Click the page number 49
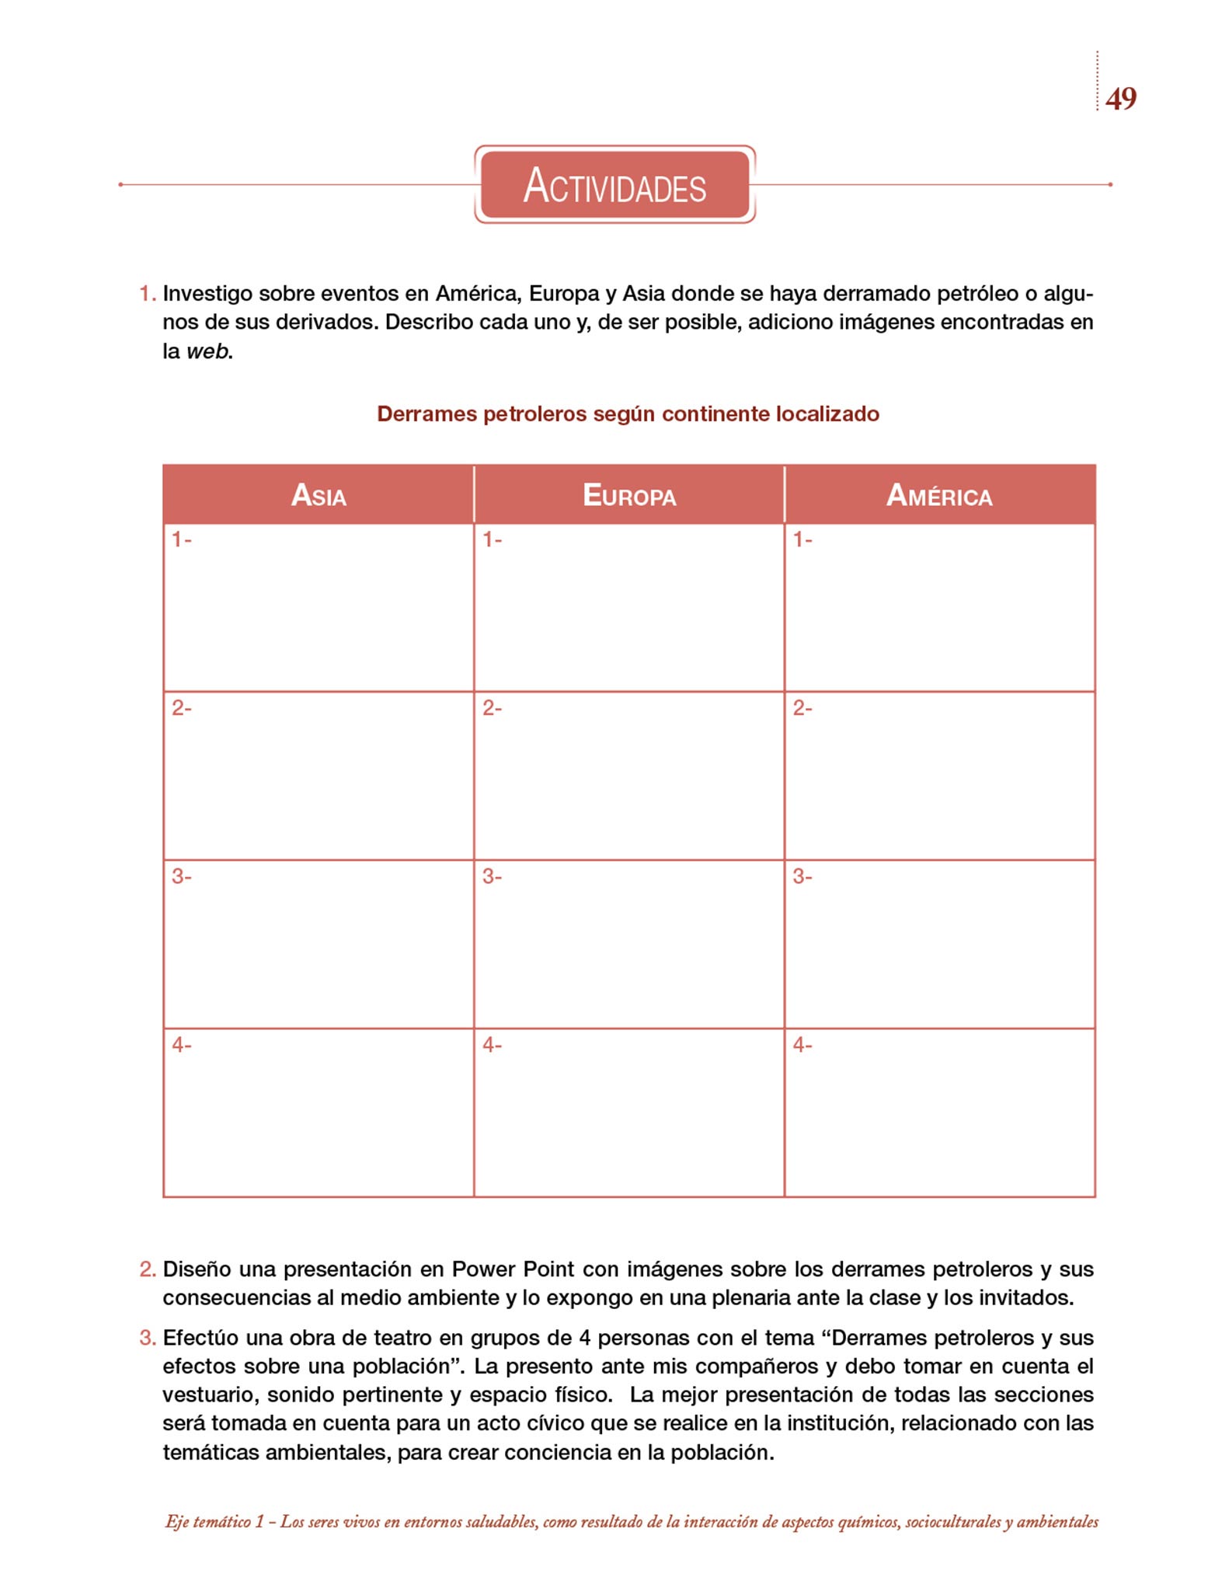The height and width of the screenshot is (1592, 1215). click(x=1120, y=99)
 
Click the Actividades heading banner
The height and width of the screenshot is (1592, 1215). click(x=614, y=185)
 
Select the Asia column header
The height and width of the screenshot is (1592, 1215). click(x=319, y=495)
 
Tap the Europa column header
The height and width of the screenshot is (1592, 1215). click(x=629, y=495)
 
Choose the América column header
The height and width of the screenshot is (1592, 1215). click(x=939, y=495)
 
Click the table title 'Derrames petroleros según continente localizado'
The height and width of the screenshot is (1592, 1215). click(x=628, y=414)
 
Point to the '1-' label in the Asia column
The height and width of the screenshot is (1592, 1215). click(x=182, y=539)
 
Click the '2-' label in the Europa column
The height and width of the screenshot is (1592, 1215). click(x=493, y=708)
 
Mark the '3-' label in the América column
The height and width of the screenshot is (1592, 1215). click(x=802, y=877)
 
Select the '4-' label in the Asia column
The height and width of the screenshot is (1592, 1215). click(x=182, y=1046)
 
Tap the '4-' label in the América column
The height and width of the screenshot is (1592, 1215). click(x=802, y=1046)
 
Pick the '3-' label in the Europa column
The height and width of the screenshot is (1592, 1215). click(x=493, y=877)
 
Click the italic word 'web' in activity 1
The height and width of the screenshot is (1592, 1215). click(x=208, y=351)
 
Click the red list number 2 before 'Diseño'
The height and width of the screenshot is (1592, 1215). click(x=147, y=1269)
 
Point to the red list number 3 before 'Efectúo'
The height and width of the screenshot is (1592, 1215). click(x=147, y=1338)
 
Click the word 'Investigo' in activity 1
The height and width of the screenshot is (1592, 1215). click(x=207, y=294)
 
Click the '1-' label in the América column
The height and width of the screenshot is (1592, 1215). click(x=802, y=539)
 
